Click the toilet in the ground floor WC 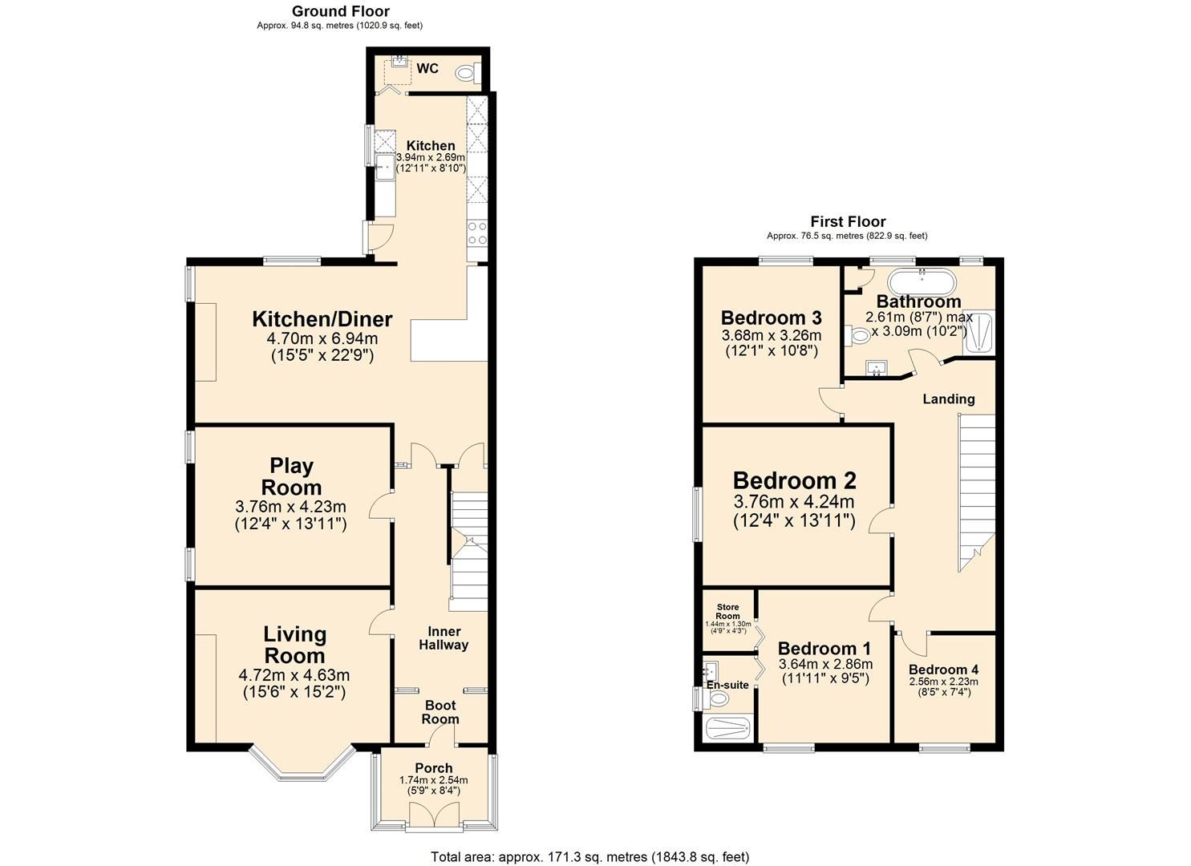click(x=465, y=74)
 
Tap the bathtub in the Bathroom click(x=922, y=282)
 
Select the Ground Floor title click(x=340, y=11)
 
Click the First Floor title click(x=847, y=221)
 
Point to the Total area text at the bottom click(x=589, y=856)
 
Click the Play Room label click(x=291, y=476)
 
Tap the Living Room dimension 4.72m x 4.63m click(x=294, y=675)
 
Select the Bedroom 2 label click(x=794, y=480)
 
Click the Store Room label click(x=727, y=612)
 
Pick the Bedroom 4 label click(x=943, y=670)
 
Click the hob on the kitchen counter click(x=476, y=233)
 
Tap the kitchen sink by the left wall click(x=383, y=169)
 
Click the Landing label click(x=948, y=399)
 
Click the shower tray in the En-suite click(x=727, y=729)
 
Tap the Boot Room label click(x=440, y=712)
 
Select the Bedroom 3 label click(x=771, y=318)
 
